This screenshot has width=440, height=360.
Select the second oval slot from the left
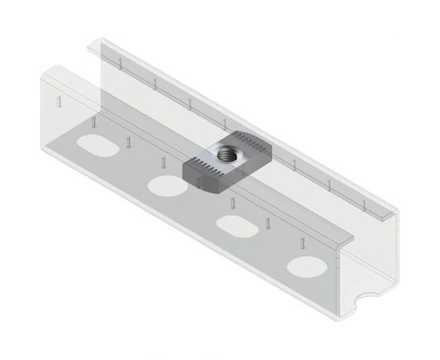[x=166, y=186]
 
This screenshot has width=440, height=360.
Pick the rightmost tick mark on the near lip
[x=303, y=244]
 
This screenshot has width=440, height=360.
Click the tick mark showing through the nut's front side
[x=196, y=183]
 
